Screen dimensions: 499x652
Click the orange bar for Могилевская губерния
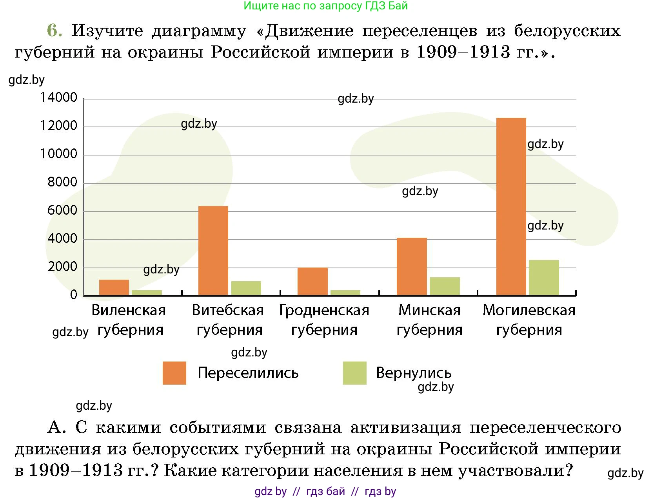[511, 206]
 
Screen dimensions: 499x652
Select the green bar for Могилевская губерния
[544, 277]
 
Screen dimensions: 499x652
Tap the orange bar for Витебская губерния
[213, 250]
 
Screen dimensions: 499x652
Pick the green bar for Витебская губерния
[246, 288]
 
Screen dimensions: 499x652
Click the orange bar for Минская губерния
[412, 266]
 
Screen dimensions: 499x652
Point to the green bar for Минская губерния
[445, 286]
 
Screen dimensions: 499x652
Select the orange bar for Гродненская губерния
[312, 281]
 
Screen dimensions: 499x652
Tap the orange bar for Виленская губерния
[114, 287]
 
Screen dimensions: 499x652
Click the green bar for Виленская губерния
[147, 292]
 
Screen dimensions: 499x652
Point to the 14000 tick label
[59, 98]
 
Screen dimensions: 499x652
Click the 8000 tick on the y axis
[62, 182]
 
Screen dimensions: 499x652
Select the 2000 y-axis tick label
[62, 267]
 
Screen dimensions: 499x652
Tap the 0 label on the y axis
[74, 295]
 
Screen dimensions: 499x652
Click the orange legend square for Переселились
[174, 373]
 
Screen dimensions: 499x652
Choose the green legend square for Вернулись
[354, 373]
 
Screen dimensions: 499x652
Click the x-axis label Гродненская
[324, 310]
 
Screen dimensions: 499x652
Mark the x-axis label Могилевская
[529, 310]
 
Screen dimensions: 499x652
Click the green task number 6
[54, 31]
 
